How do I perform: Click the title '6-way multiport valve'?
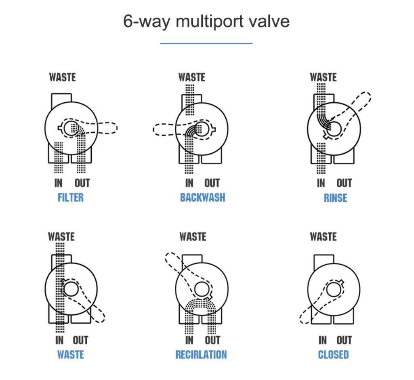click(x=206, y=21)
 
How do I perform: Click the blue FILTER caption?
click(x=71, y=197)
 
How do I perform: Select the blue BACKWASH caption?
click(x=202, y=197)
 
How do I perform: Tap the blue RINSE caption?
click(x=335, y=198)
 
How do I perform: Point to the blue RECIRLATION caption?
click(x=201, y=355)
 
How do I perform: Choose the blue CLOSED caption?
click(x=333, y=355)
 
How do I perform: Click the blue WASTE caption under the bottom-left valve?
click(x=71, y=355)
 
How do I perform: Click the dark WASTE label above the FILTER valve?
click(x=62, y=77)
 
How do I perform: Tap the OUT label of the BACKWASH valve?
click(x=212, y=183)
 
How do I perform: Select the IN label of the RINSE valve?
click(x=321, y=183)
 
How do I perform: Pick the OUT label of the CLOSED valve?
click(x=344, y=340)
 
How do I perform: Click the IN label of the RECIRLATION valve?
click(x=189, y=340)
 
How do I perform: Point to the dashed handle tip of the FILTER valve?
click(x=116, y=128)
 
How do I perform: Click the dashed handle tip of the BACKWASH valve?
click(x=154, y=129)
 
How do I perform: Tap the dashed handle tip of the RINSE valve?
click(x=369, y=95)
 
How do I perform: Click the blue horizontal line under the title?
click(x=206, y=43)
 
